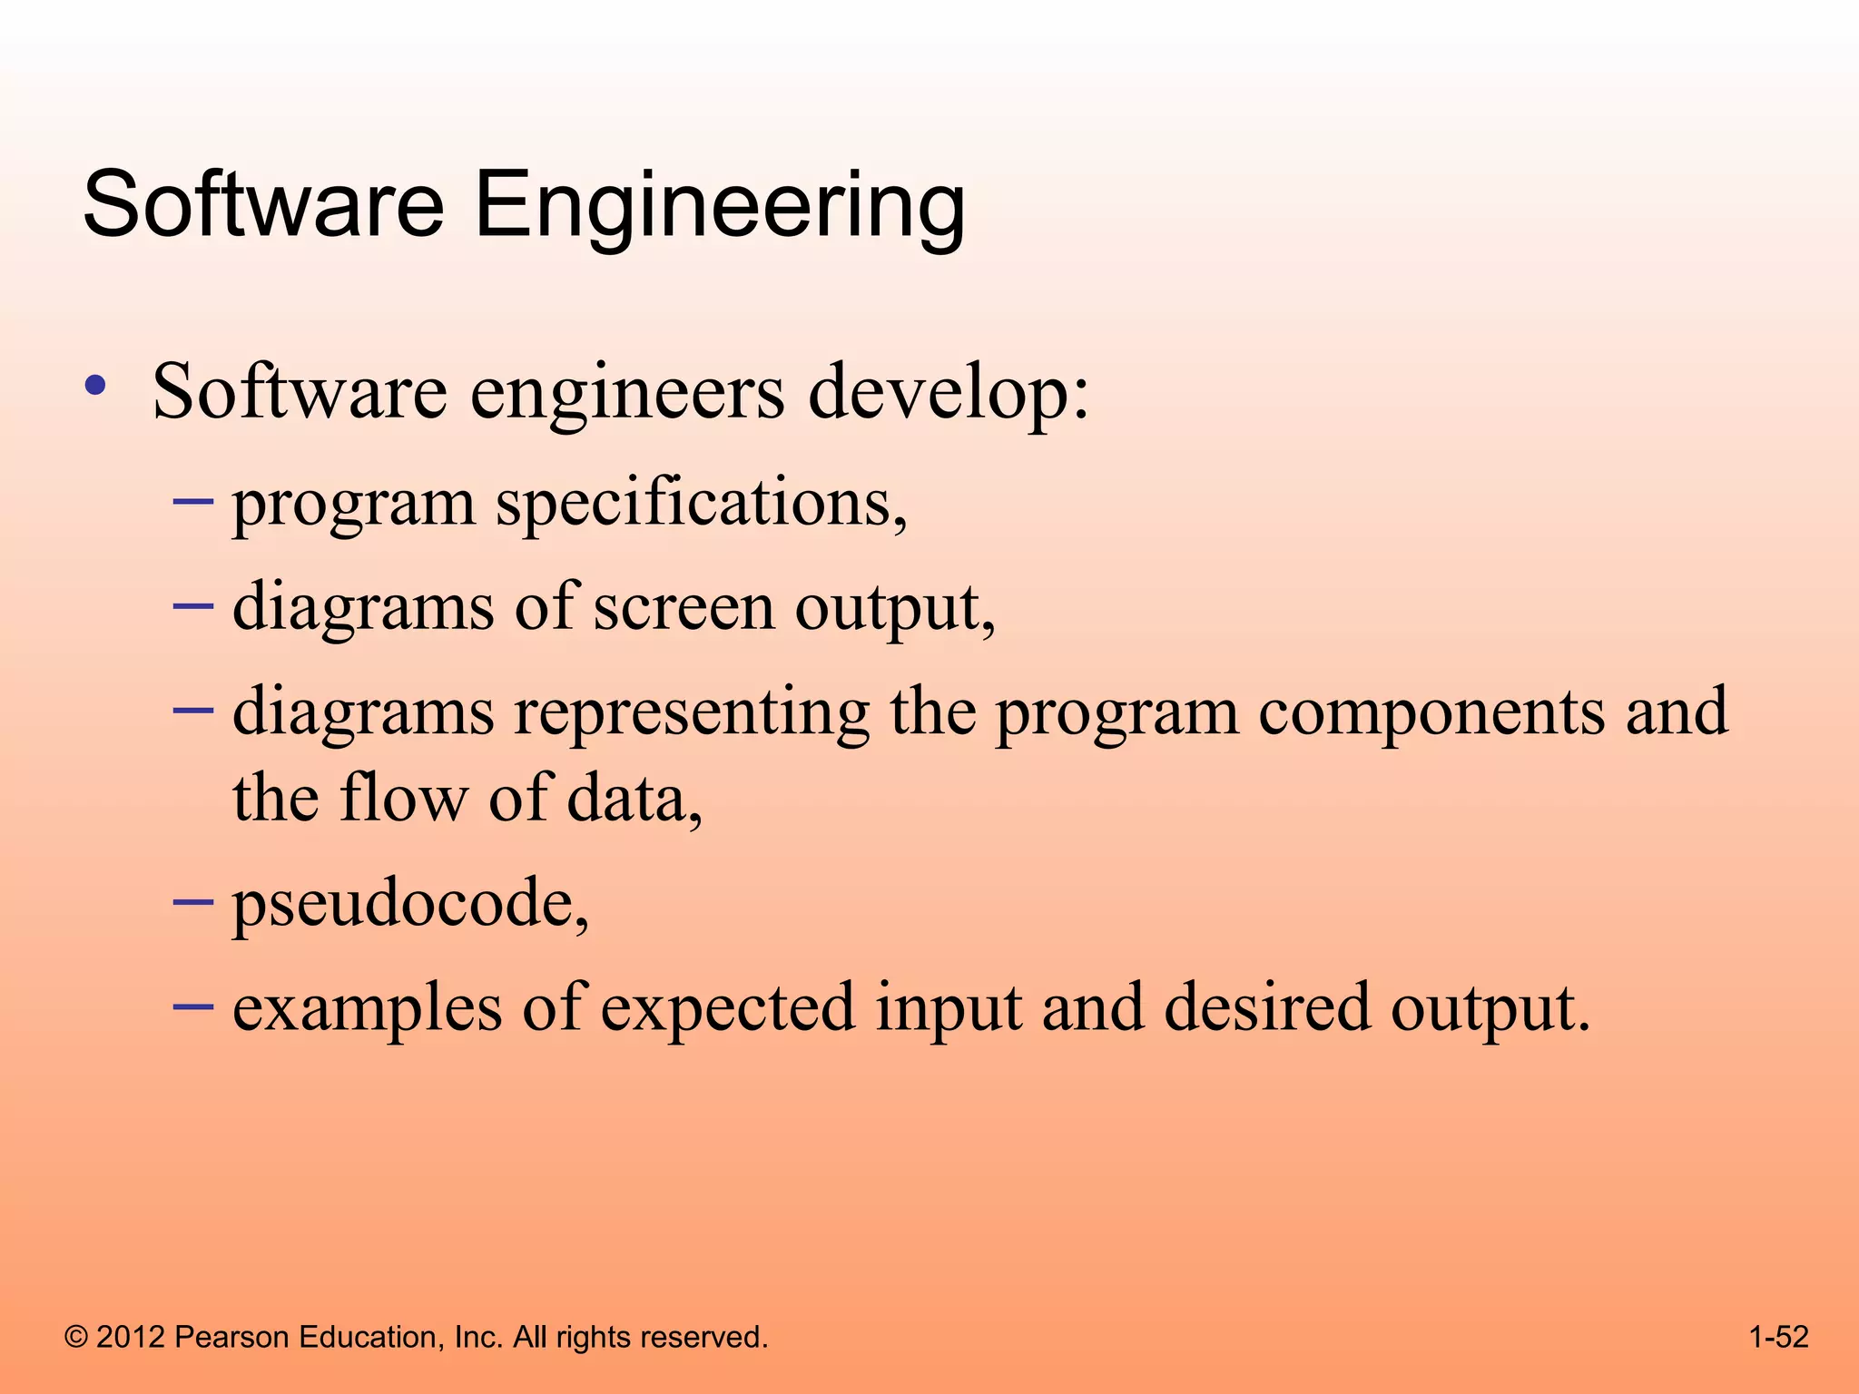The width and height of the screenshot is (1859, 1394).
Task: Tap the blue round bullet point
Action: point(94,386)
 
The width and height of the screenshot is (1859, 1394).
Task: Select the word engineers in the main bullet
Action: point(626,392)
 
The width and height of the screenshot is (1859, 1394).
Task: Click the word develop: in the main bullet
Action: point(948,392)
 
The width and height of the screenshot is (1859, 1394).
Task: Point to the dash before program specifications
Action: point(192,501)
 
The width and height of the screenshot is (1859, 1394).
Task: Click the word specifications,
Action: point(701,504)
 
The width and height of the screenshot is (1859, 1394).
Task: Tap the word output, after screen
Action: point(895,608)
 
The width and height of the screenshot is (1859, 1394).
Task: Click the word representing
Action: point(692,713)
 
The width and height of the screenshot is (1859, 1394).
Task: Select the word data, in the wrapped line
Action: point(634,799)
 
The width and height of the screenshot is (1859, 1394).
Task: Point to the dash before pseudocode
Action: point(192,901)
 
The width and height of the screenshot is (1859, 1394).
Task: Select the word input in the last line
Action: point(949,1009)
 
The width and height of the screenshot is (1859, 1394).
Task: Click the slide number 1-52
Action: point(1778,1337)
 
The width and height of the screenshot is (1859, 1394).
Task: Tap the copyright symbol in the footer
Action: point(77,1338)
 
